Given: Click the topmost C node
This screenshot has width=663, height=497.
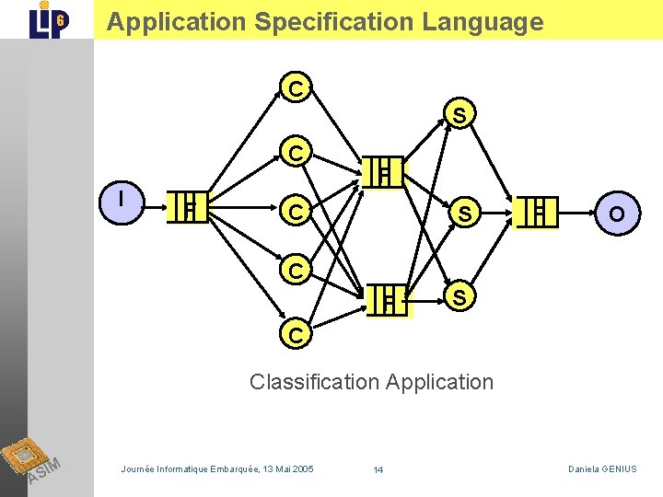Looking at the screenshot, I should (x=296, y=88).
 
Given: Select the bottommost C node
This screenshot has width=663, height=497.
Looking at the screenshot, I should (x=296, y=336).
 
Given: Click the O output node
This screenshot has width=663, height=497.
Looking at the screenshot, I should (x=616, y=214).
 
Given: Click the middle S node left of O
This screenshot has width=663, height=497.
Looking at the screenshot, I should (x=465, y=214).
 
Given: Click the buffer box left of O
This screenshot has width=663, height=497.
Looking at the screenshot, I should (x=539, y=211).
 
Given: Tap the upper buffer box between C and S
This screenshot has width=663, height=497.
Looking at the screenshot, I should (x=384, y=172).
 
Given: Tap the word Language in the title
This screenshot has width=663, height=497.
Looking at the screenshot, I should (x=483, y=22).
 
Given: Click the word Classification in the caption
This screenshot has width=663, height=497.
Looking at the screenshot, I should (x=315, y=381).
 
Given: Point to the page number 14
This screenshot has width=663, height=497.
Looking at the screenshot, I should (x=378, y=470).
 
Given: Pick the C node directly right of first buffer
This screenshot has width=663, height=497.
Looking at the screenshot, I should (x=296, y=213).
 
